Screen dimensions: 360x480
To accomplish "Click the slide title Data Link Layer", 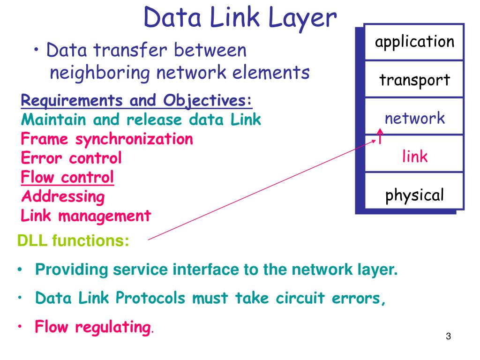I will (x=240, y=18).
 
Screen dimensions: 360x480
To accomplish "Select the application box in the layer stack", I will (x=414, y=42).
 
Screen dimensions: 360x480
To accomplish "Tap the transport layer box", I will (x=414, y=80).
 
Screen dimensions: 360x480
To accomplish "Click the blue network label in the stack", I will (x=414, y=118).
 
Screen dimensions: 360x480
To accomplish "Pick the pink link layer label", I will (x=415, y=156).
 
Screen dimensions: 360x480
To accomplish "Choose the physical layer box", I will (x=414, y=195).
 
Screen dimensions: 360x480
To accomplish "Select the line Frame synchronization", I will (x=107, y=139).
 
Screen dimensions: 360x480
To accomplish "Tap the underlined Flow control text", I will (x=67, y=177).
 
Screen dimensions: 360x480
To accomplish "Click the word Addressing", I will (x=63, y=196).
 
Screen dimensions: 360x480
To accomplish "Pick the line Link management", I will (x=86, y=216).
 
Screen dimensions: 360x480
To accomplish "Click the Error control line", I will (x=71, y=158).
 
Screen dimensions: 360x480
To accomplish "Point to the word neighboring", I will (x=100, y=73).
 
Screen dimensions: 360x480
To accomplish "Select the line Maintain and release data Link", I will (x=141, y=120).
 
